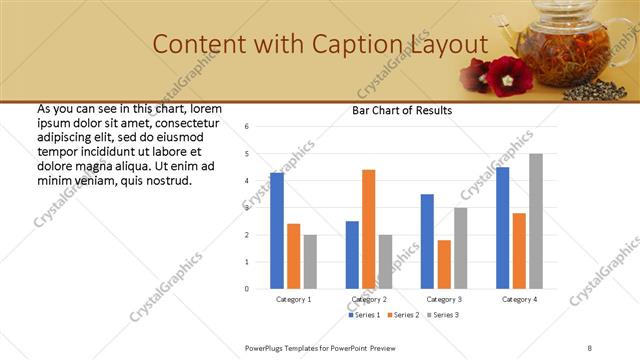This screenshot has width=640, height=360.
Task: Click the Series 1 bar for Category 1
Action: point(277,230)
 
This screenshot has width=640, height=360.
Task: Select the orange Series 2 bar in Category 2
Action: point(368,229)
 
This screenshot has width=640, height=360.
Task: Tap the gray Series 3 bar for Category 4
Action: point(536,221)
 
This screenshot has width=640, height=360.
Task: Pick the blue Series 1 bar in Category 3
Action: point(427,241)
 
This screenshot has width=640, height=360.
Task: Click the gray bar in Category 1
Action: point(310,261)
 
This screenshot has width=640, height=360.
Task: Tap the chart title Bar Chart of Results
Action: point(402,111)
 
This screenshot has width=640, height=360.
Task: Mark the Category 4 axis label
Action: point(519,299)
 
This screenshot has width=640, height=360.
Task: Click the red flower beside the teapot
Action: point(507,73)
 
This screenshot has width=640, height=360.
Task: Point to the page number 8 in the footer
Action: point(590,347)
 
